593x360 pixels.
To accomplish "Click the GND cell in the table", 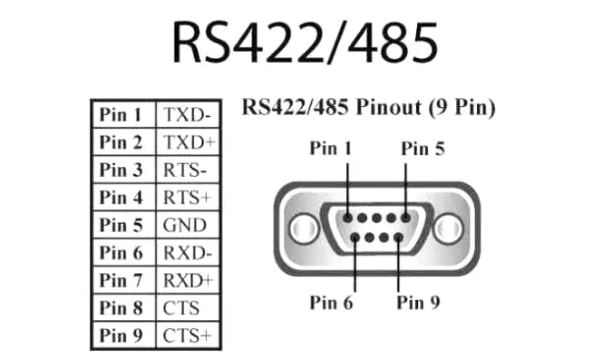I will (184, 225).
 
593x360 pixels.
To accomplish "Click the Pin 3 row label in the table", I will (122, 170).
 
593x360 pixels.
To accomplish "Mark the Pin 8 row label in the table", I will (122, 308).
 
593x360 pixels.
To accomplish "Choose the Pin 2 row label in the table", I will (122, 142).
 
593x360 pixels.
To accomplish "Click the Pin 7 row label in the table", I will (122, 280).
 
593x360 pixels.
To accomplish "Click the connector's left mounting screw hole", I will (306, 227).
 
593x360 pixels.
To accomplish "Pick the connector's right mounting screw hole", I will (448, 227).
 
